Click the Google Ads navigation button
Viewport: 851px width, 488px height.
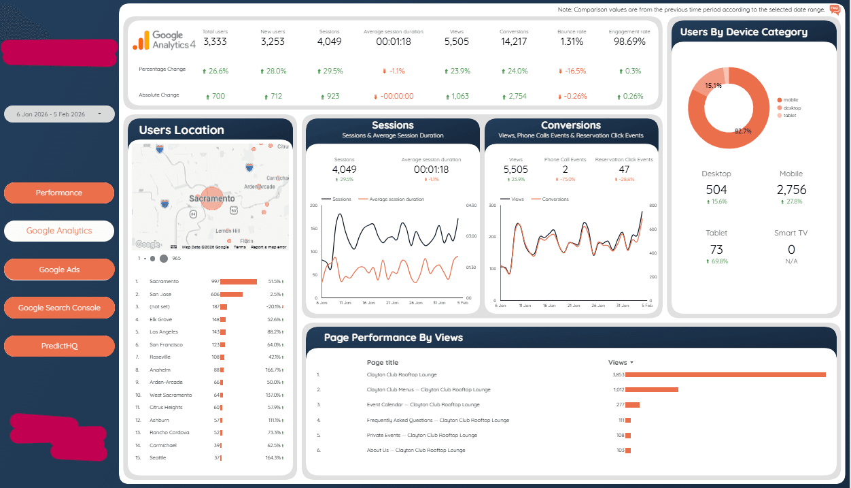click(x=59, y=270)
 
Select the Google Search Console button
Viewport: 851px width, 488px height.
click(x=59, y=308)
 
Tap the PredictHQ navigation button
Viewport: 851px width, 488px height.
click(x=59, y=346)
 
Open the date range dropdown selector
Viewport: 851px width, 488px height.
click(x=59, y=114)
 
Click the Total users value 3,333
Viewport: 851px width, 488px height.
click(x=215, y=42)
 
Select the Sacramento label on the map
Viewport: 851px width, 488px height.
click(x=212, y=199)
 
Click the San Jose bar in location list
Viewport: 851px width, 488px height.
click(x=231, y=294)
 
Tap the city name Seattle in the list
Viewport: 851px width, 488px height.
click(x=158, y=457)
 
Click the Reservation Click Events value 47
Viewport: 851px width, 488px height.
click(x=623, y=169)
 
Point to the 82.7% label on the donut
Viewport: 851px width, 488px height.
click(x=743, y=131)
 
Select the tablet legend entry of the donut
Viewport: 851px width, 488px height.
click(x=789, y=116)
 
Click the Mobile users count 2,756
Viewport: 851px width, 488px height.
click(x=791, y=190)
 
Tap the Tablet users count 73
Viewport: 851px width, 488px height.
click(x=716, y=250)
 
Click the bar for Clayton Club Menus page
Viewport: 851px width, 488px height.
click(x=652, y=389)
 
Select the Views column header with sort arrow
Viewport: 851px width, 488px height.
click(x=621, y=363)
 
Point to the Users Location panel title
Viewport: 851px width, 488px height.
click(x=181, y=130)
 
